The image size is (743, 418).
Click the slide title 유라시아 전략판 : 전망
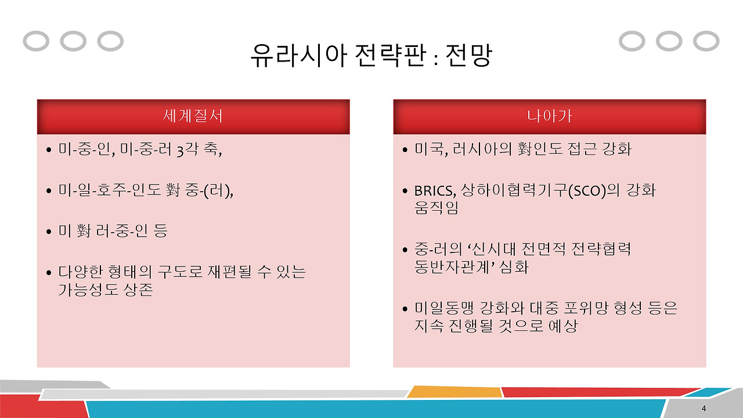click(x=371, y=56)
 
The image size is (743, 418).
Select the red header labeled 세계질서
click(x=193, y=116)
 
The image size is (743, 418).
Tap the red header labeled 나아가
click(x=549, y=116)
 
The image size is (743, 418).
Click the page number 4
click(x=704, y=408)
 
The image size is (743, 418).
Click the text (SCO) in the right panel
click(x=586, y=190)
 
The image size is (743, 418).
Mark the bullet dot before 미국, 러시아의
click(x=405, y=151)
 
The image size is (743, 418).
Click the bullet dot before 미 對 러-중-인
click(x=49, y=232)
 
